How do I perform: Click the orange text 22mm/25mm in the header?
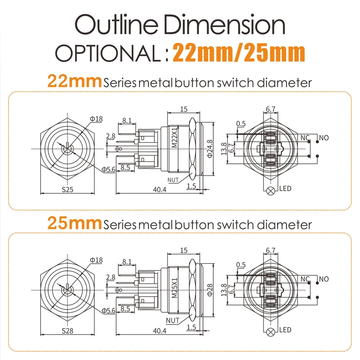point(239,53)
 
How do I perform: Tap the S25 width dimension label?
point(67,189)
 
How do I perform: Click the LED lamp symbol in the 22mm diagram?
point(271,190)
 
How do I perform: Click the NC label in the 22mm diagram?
point(305,137)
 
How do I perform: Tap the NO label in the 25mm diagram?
point(323,279)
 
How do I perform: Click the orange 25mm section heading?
point(75,224)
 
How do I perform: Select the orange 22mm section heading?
point(75,82)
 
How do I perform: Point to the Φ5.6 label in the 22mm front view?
point(109,169)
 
